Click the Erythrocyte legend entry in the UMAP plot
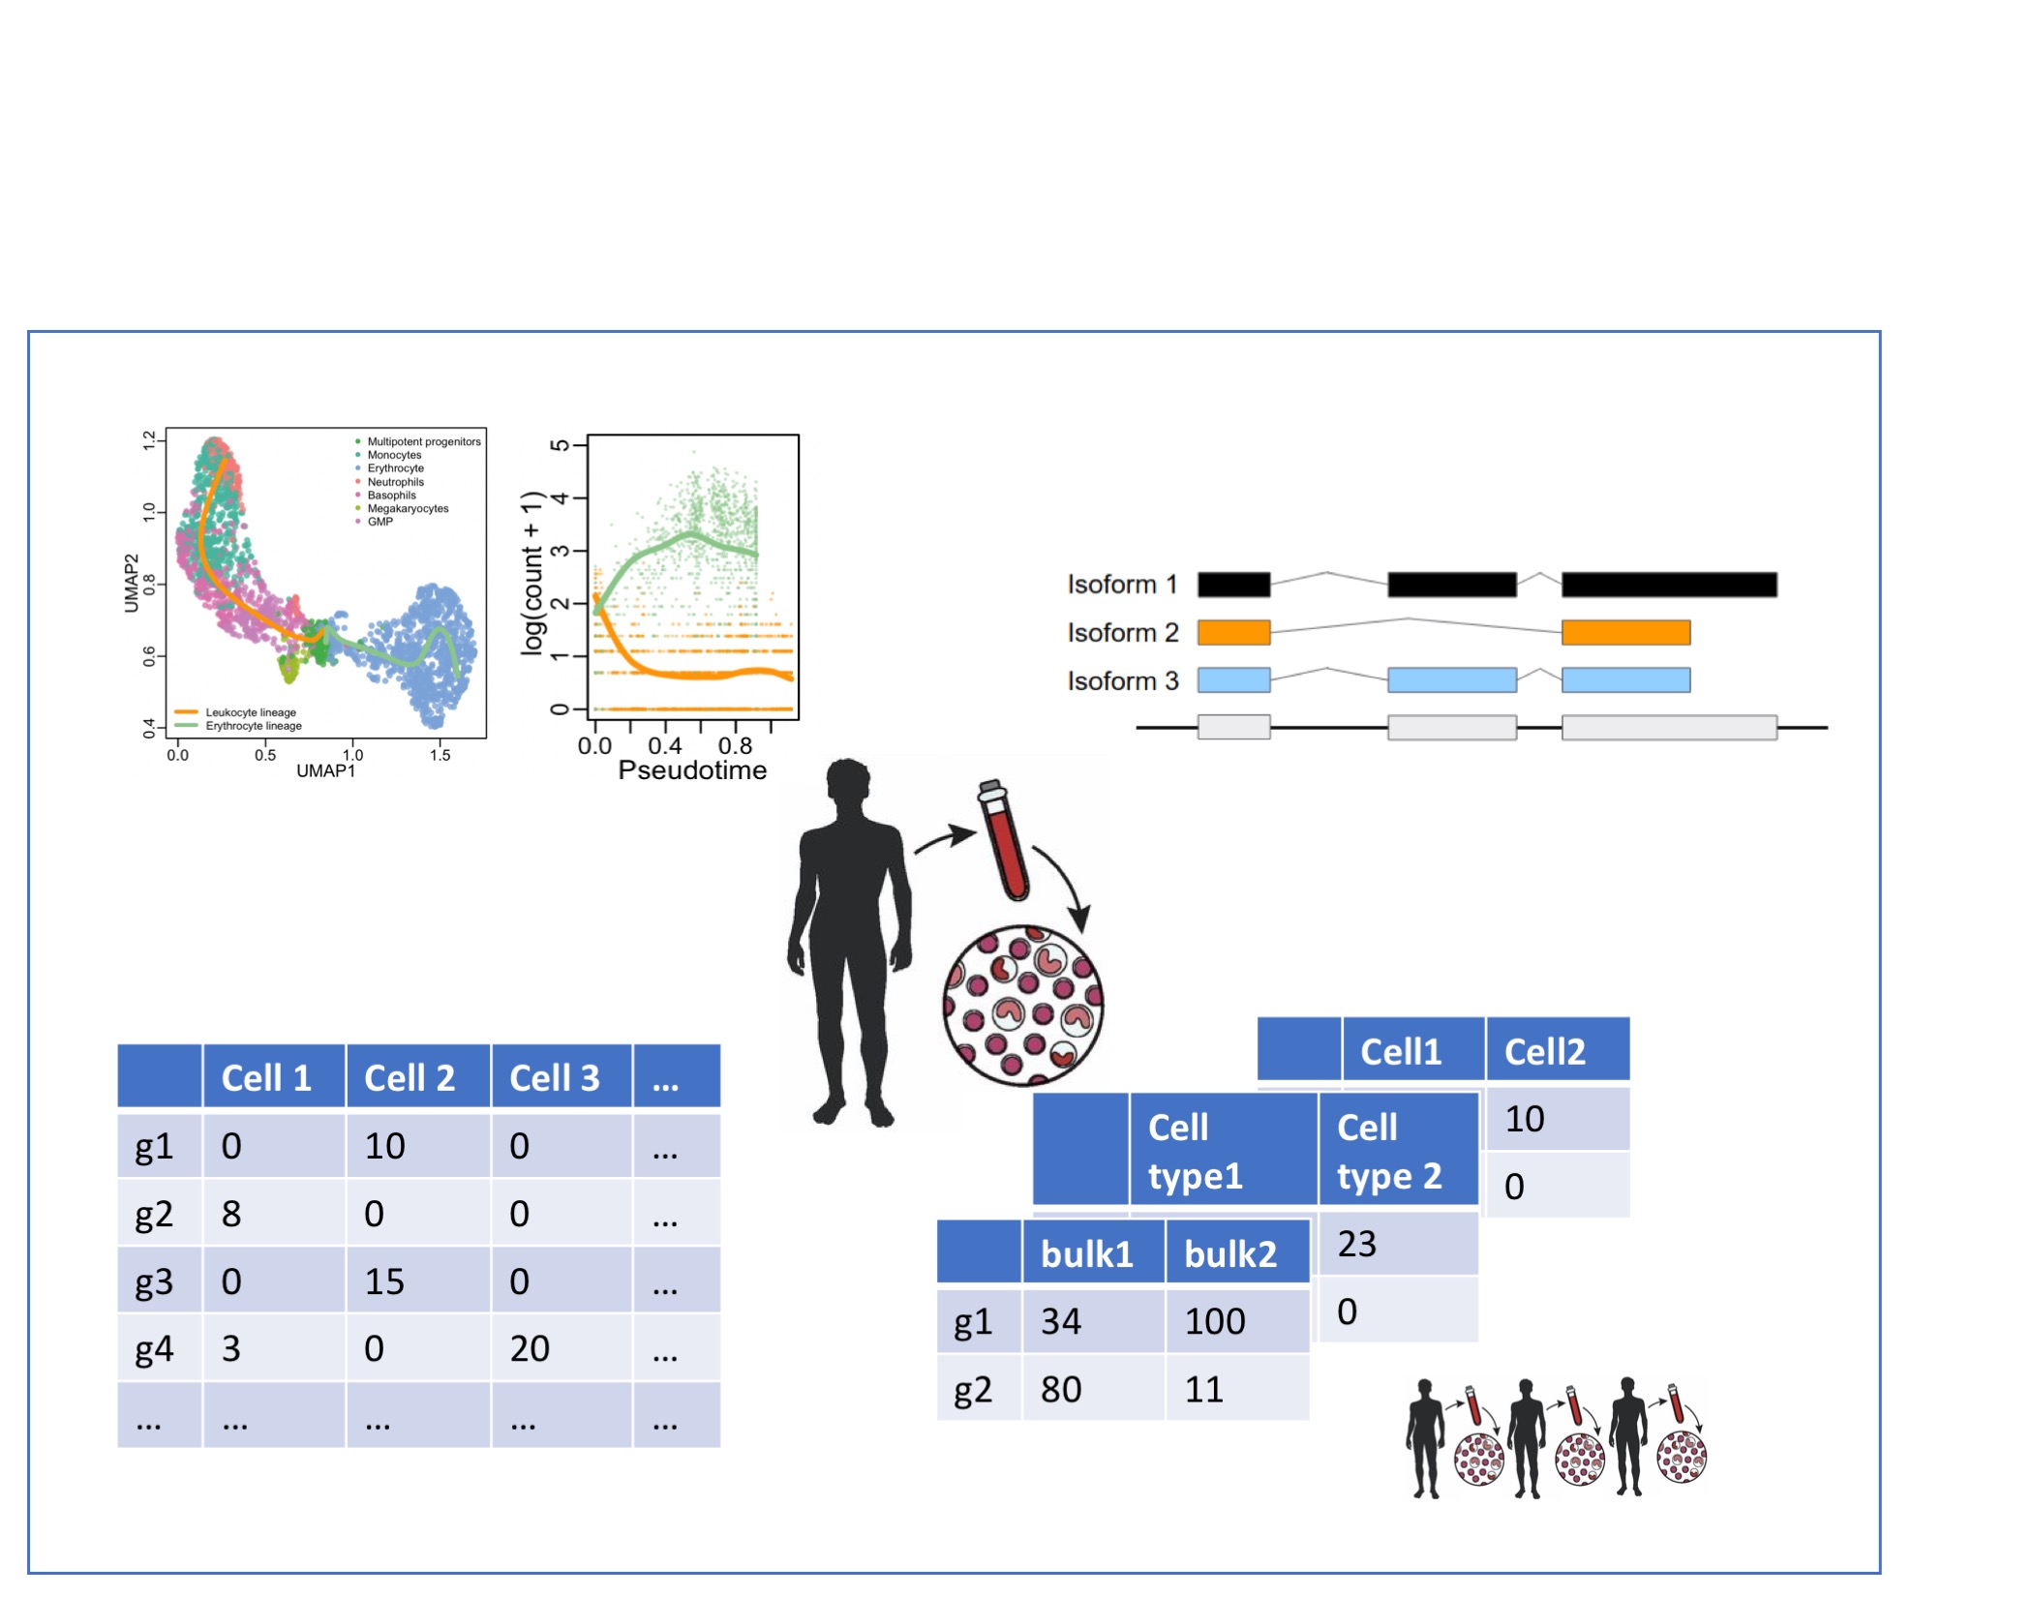(395, 468)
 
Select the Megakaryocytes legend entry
(408, 509)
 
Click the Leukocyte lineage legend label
(251, 713)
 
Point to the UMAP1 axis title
(325, 771)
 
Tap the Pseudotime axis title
(692, 771)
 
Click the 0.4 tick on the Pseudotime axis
(665, 746)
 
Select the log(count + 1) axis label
(532, 574)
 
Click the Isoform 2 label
(1123, 633)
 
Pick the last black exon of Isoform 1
(1669, 585)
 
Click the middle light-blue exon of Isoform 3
(1451, 680)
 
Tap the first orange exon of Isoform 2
(1233, 633)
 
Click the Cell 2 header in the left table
(410, 1078)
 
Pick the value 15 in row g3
(384, 1282)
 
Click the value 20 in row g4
(530, 1349)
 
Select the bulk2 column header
(1230, 1255)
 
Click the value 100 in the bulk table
(1215, 1322)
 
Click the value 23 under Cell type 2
(1356, 1245)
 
